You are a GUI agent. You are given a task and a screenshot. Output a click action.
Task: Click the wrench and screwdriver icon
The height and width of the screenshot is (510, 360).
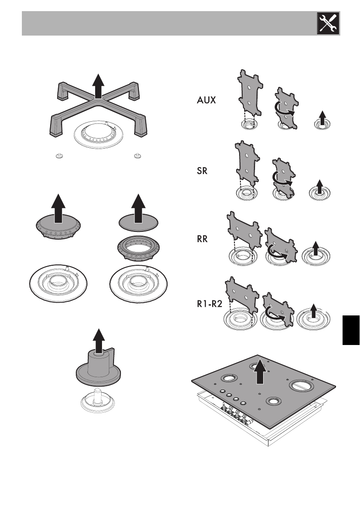click(327, 23)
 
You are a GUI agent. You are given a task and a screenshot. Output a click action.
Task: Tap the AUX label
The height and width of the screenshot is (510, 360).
click(207, 101)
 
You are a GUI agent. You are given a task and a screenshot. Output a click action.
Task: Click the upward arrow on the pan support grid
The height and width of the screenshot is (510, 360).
click(99, 86)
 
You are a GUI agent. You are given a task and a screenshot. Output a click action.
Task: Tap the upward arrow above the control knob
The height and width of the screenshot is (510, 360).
click(99, 341)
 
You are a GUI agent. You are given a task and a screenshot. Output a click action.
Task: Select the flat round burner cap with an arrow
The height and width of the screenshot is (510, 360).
click(138, 220)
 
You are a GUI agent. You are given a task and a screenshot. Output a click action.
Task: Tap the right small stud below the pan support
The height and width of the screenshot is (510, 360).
click(137, 155)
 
